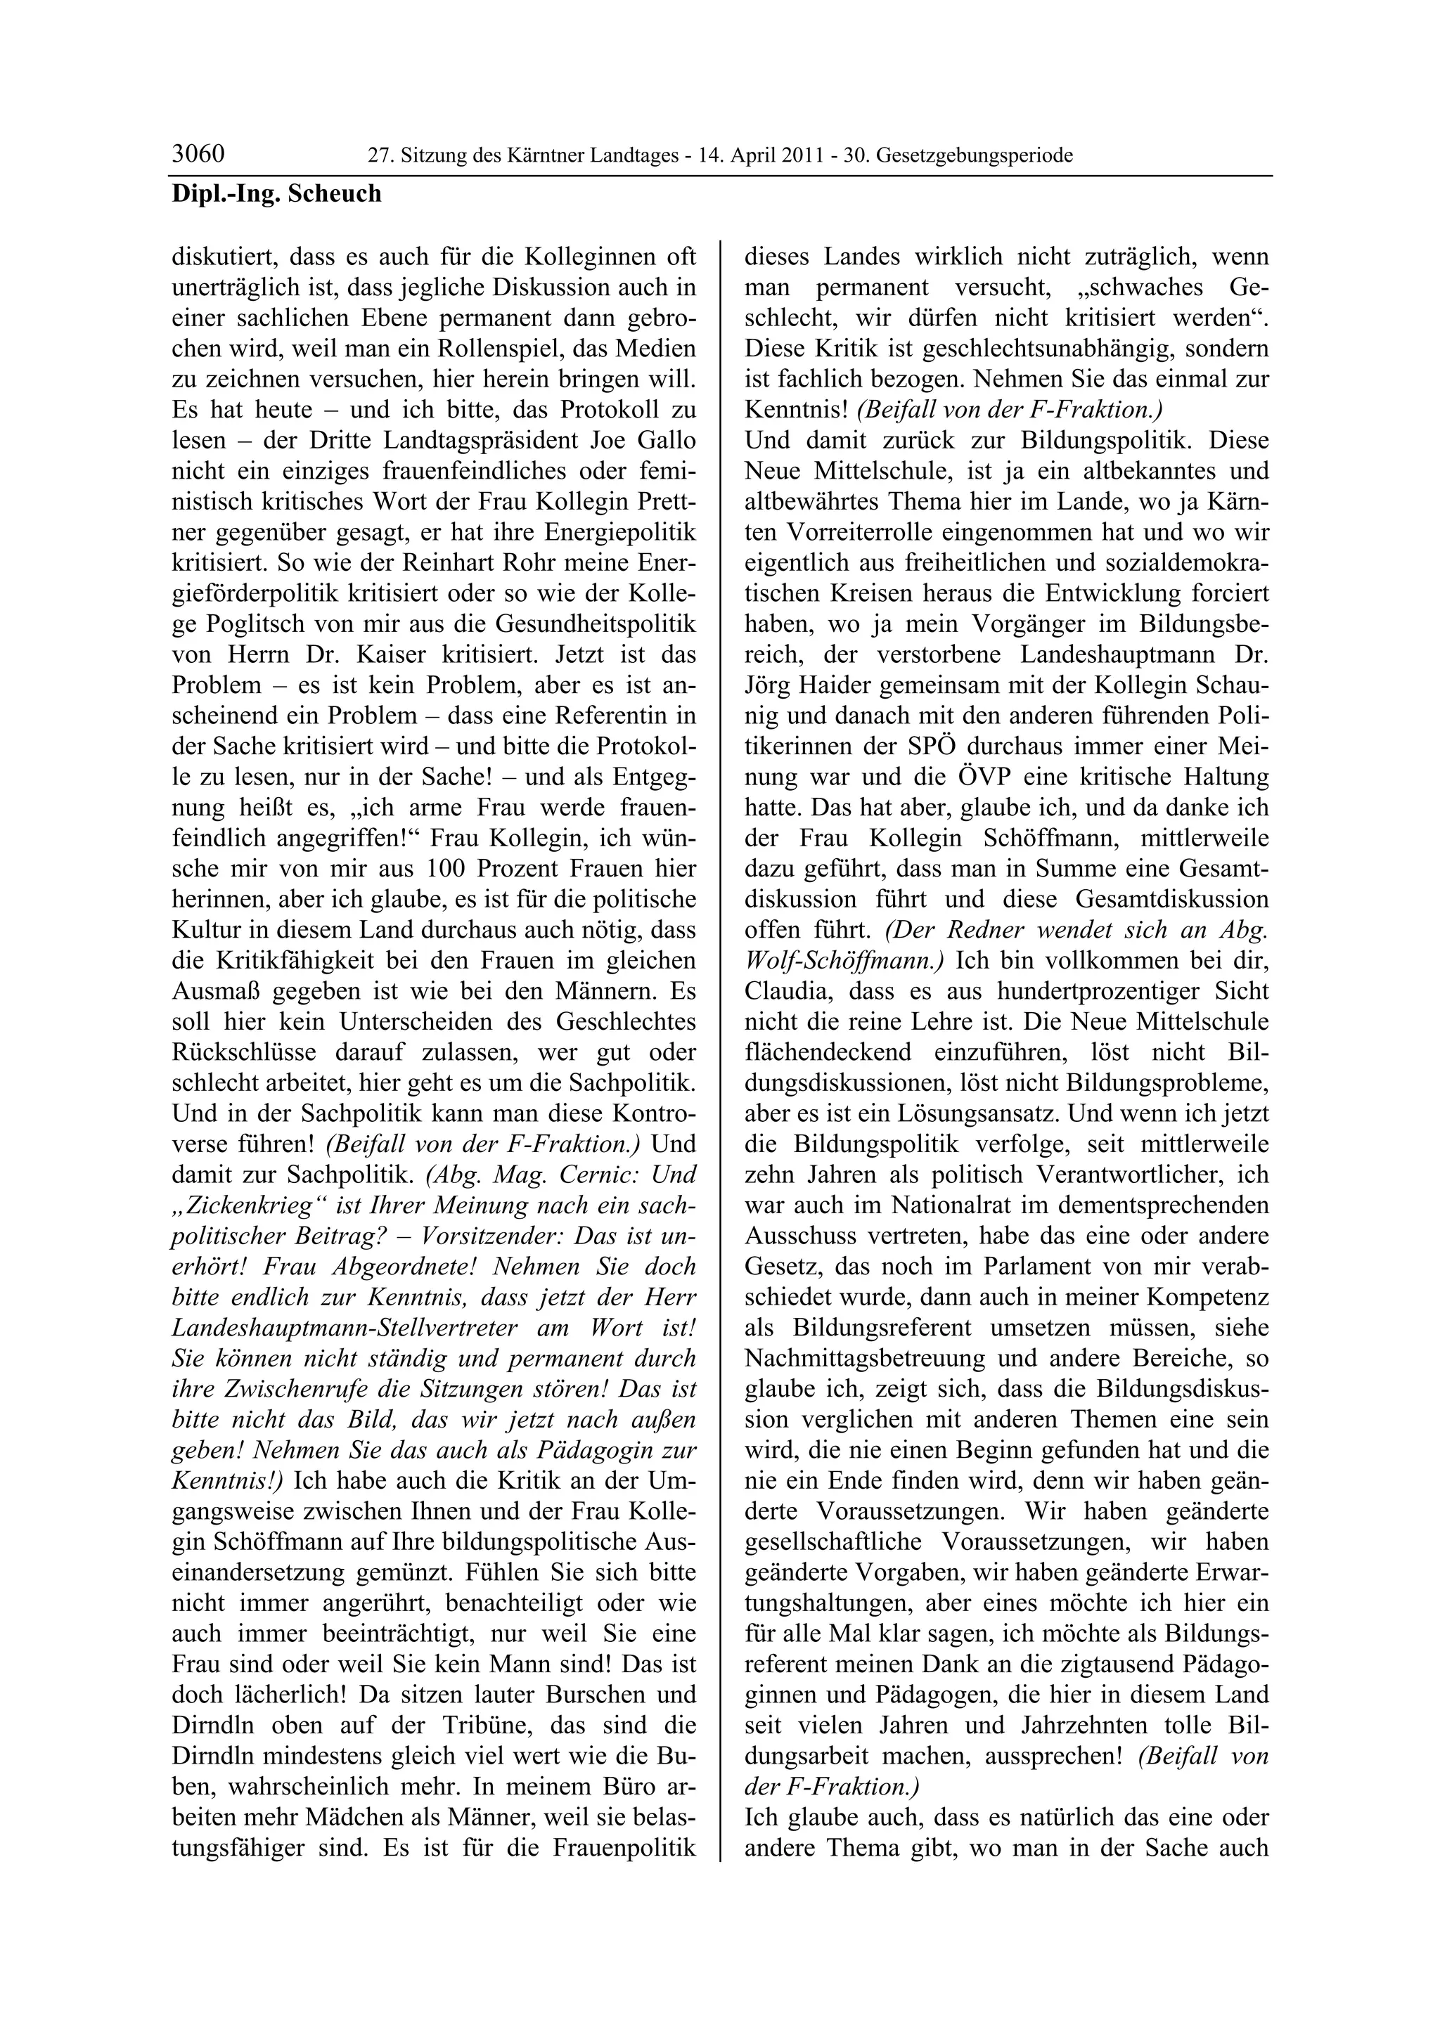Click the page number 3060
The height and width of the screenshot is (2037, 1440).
click(x=198, y=155)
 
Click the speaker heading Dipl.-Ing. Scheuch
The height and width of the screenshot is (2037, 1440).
click(x=276, y=193)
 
